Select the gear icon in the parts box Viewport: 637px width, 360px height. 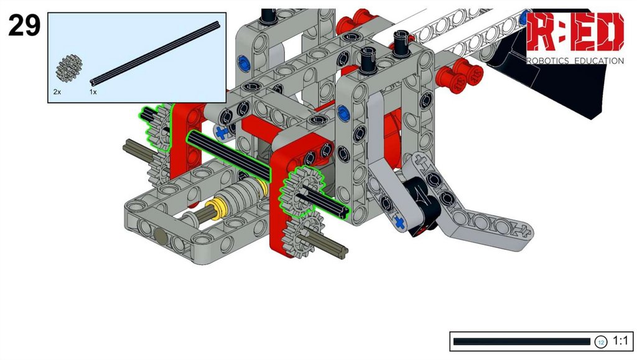coord(68,68)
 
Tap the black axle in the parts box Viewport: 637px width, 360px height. coord(155,53)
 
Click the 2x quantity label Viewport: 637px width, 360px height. coord(57,92)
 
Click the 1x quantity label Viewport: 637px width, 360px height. coord(93,92)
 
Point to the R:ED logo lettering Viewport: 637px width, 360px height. coord(575,32)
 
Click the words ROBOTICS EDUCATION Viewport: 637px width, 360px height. coord(575,61)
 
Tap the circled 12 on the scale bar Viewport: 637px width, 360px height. coord(600,342)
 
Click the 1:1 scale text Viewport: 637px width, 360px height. coord(620,341)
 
